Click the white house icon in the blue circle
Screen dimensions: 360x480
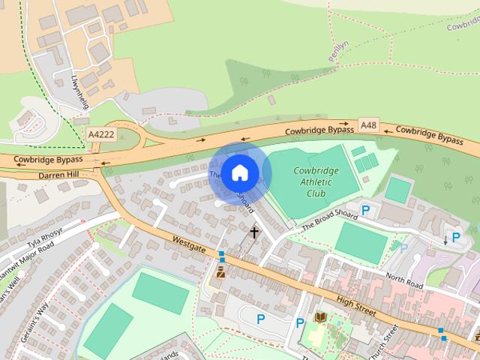pos(239,172)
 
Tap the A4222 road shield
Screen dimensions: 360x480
pos(101,134)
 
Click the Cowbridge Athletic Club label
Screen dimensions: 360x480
pos(316,181)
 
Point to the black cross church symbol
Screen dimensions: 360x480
pos(254,232)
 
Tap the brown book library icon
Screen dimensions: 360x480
pos(321,318)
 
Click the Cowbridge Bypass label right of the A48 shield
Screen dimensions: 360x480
pos(430,134)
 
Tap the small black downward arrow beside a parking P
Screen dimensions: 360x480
pos(446,240)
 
